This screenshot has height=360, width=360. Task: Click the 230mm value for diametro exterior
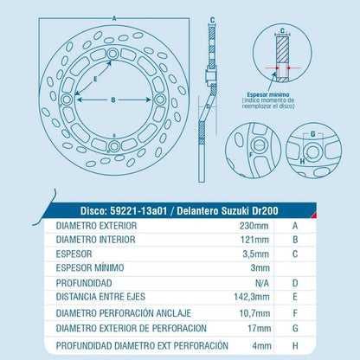254,226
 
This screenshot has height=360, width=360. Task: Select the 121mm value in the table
254,240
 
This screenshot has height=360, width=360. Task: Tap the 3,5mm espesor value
256,254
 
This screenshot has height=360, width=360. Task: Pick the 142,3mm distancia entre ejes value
252,297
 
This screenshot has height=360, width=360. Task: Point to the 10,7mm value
254,313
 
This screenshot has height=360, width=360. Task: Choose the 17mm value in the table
259,328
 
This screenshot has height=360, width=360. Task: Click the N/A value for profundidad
262,283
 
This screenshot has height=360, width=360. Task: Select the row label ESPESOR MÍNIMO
90,267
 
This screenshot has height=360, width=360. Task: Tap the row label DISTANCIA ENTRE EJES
100,297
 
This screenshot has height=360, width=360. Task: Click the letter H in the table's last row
295,345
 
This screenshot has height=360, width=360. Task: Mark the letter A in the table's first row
295,226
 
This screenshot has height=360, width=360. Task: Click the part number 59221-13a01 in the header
138,211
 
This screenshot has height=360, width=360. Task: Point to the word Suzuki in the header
235,211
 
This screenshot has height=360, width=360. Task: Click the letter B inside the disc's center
113,100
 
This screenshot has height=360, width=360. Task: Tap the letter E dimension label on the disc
95,79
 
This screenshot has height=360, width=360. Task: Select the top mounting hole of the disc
112,54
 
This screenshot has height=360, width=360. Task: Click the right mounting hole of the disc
159,100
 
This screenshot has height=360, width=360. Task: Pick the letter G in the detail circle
313,134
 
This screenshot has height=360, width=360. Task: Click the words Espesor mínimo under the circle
268,94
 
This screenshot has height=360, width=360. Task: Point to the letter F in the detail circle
251,155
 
